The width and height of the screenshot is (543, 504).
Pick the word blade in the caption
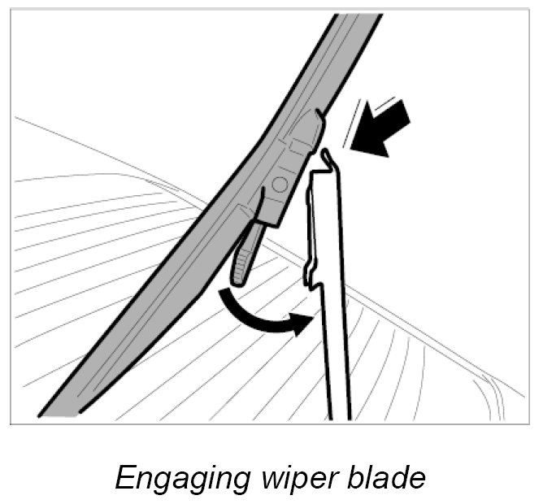pos(382,476)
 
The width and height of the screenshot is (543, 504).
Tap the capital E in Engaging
pos(124,476)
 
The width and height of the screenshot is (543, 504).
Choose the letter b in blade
pos(345,476)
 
